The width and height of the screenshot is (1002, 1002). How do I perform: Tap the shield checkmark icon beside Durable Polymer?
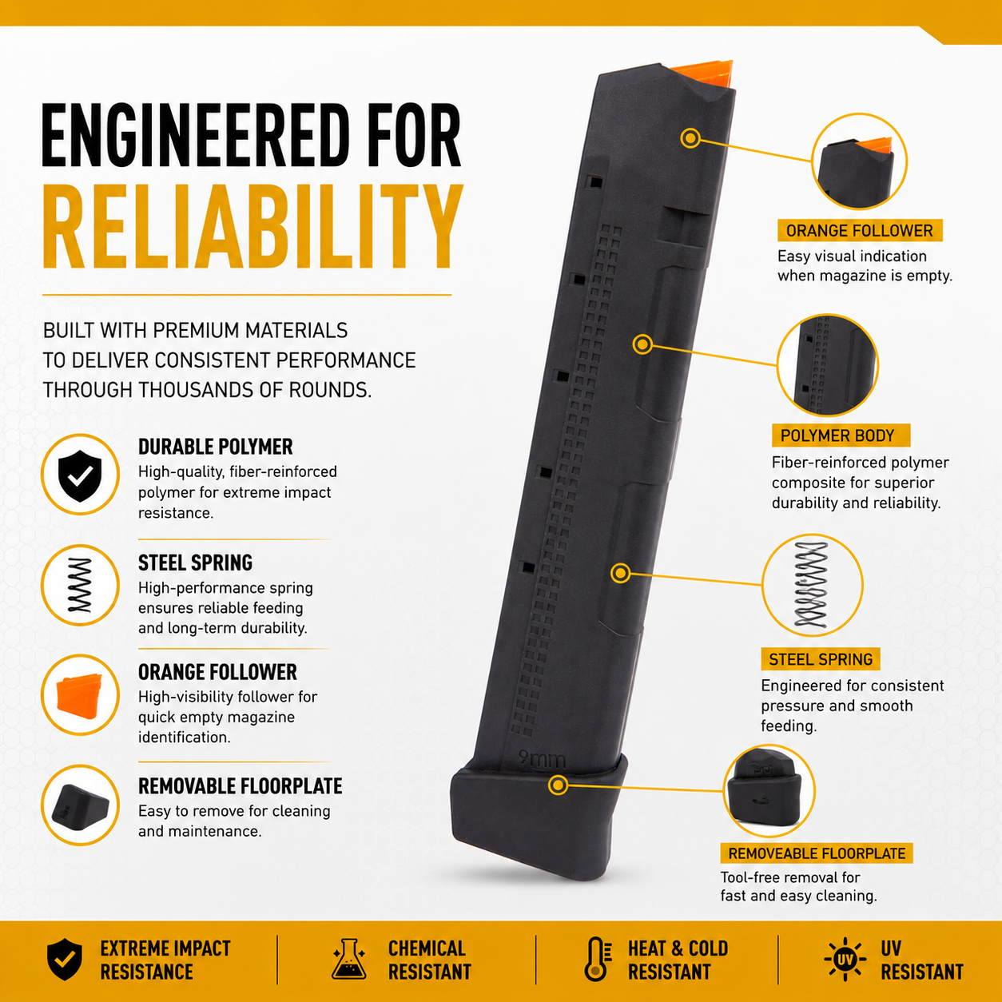(x=80, y=475)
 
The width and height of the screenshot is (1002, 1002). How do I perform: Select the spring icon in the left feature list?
(x=80, y=586)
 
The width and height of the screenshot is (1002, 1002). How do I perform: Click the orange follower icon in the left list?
(x=80, y=696)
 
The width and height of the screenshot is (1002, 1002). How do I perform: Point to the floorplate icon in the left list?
(x=80, y=806)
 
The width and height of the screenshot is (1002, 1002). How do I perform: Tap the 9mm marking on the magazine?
(x=543, y=759)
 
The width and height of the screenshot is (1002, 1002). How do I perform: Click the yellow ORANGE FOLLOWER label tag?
(x=860, y=230)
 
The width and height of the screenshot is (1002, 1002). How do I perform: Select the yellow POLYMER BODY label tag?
(x=841, y=435)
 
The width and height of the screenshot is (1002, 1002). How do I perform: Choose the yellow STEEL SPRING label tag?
(x=821, y=659)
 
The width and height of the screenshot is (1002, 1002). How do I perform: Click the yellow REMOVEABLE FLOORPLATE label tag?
(x=817, y=853)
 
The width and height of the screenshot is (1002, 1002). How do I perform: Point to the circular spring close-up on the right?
(x=812, y=585)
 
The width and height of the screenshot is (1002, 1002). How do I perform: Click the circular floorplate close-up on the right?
(x=769, y=790)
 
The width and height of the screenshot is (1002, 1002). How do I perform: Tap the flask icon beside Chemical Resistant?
(x=348, y=959)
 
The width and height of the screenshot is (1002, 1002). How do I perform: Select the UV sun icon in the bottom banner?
(x=845, y=959)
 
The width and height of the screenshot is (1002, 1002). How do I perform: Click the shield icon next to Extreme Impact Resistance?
(x=65, y=960)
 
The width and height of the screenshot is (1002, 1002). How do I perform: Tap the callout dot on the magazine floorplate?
(x=558, y=785)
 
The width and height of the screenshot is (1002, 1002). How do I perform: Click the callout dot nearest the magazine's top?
(x=690, y=137)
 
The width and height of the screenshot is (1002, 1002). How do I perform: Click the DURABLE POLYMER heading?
(x=215, y=447)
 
